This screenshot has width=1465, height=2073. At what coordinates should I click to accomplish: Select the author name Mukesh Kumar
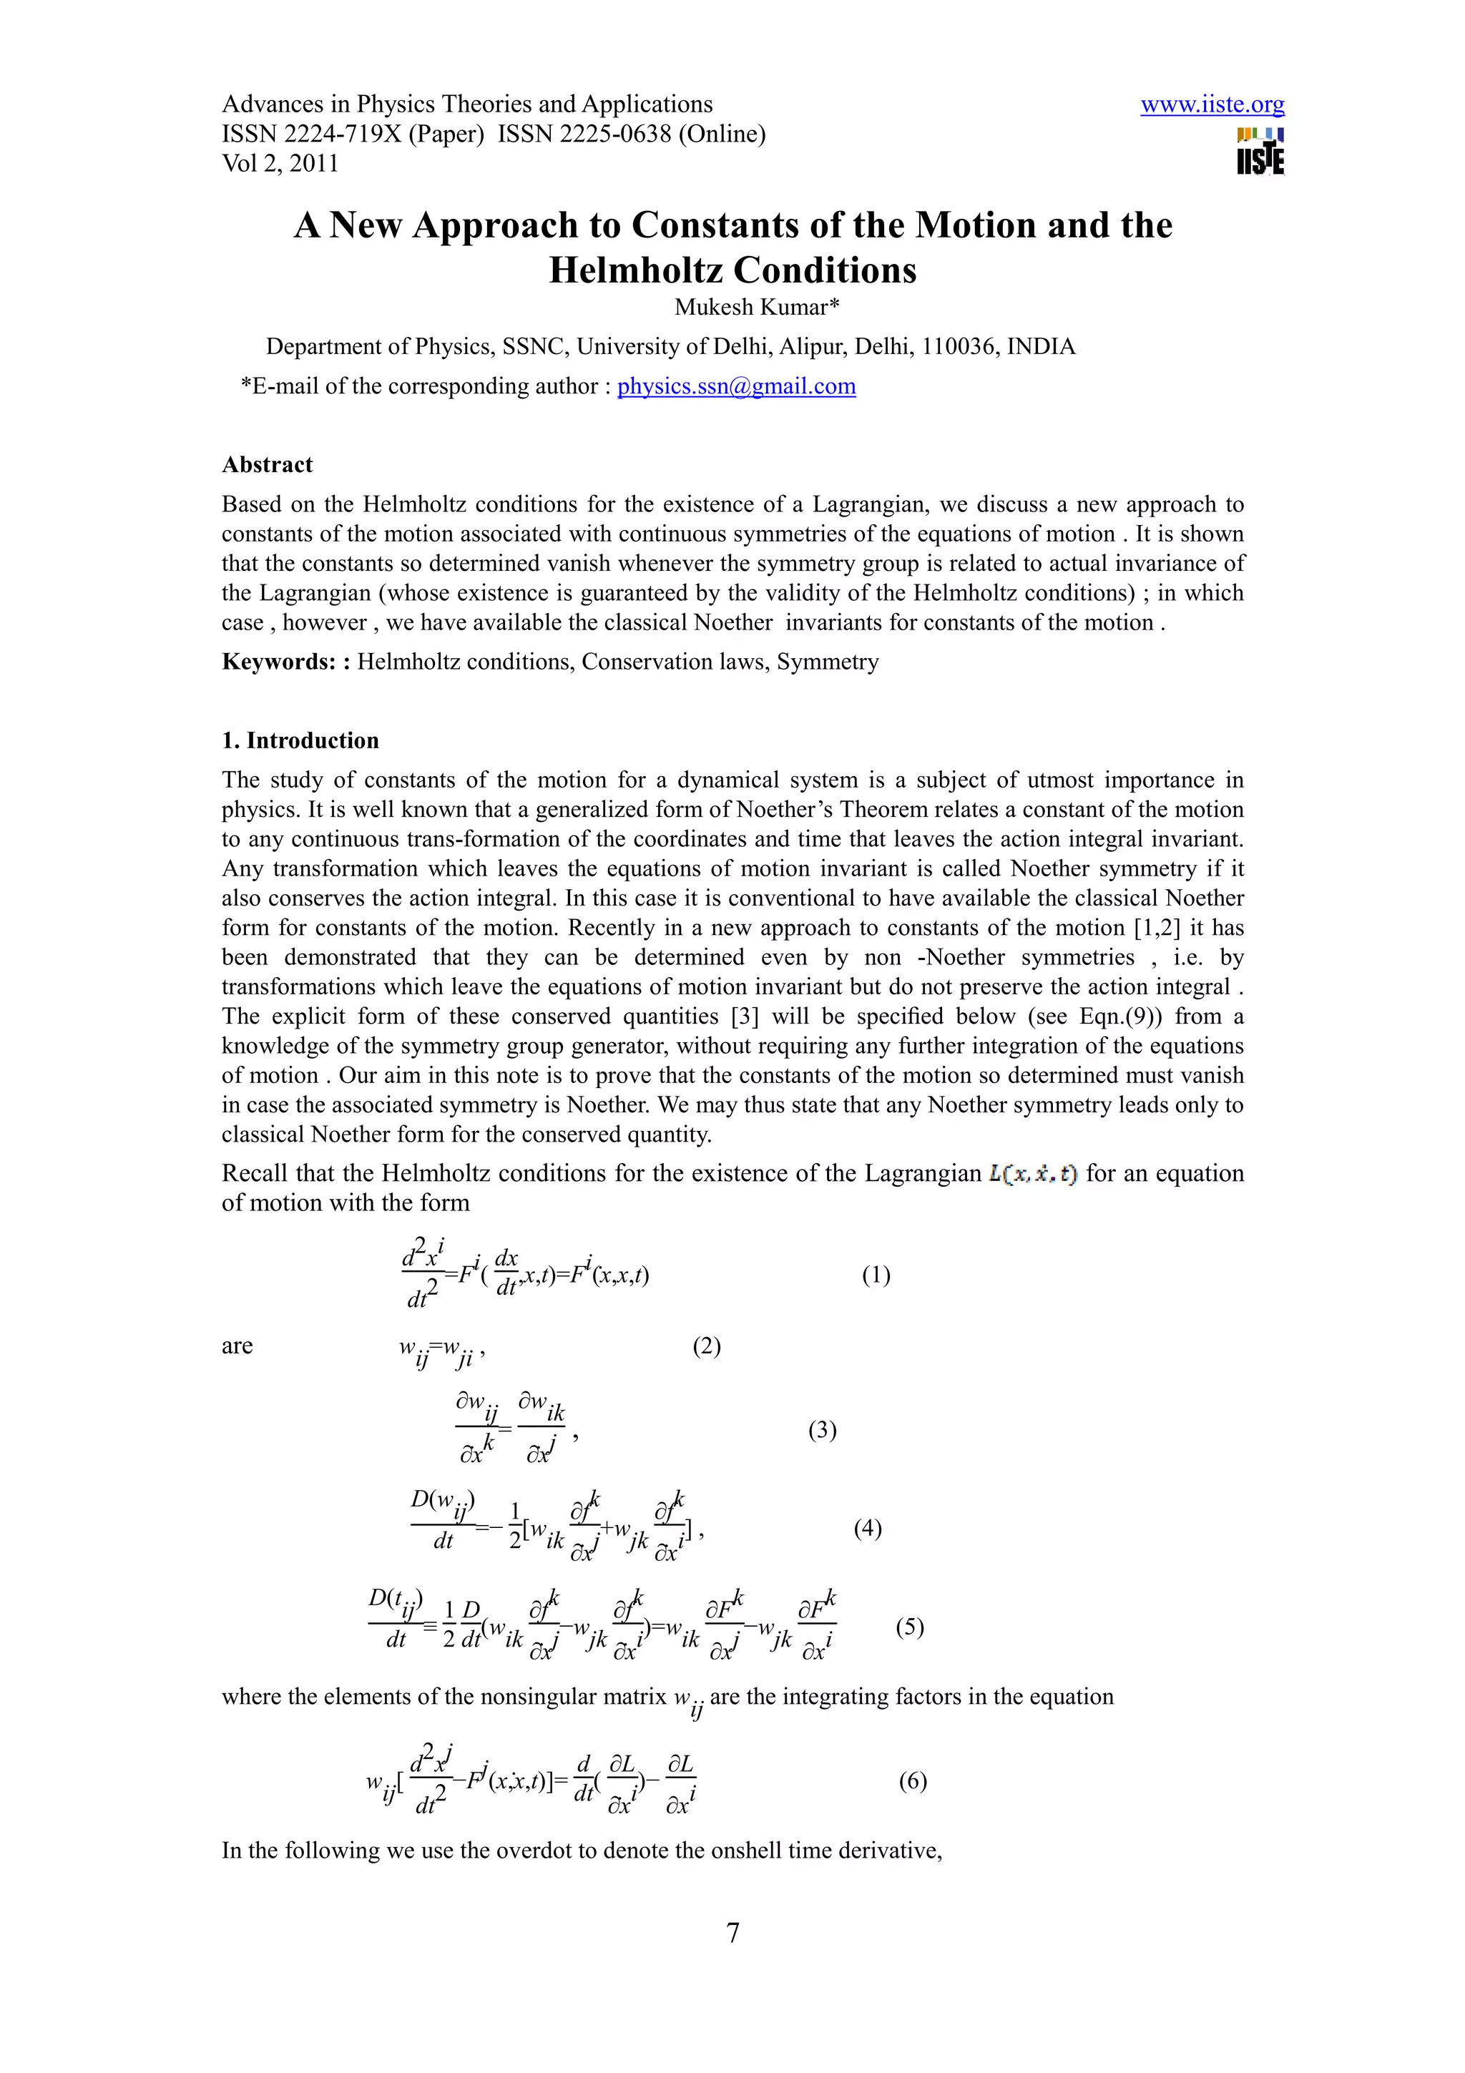pos(756,307)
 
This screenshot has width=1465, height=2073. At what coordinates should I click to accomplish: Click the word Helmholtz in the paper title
pos(634,270)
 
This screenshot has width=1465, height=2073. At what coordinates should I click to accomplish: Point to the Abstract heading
pos(268,465)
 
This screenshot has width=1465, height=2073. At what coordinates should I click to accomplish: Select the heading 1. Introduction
pos(300,740)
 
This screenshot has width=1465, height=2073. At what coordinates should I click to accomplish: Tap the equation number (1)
pos(876,1275)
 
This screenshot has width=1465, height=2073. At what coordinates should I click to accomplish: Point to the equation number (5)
pos(909,1626)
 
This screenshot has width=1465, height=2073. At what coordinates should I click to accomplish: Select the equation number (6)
pos(913,1780)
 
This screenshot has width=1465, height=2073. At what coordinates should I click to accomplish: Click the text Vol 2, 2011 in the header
pos(280,163)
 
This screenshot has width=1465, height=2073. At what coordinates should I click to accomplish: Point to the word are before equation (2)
pos(237,1346)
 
